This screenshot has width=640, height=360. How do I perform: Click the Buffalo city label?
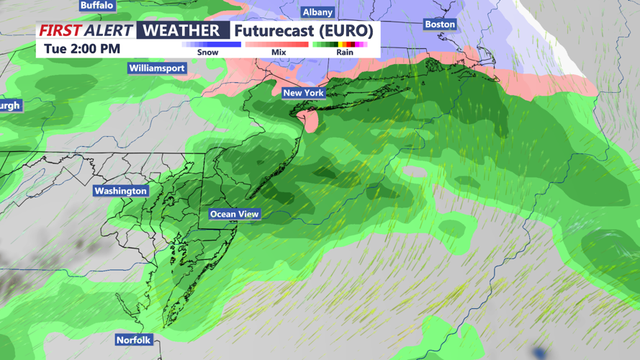[96, 5]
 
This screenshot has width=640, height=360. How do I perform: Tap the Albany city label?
[317, 12]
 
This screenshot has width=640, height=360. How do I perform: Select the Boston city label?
[440, 24]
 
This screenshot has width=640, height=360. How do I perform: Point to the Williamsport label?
[157, 68]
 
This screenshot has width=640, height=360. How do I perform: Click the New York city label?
[303, 93]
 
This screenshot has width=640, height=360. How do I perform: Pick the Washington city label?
[120, 191]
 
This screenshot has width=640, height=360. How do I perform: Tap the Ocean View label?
[234, 214]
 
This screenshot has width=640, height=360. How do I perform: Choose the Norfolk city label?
[134, 340]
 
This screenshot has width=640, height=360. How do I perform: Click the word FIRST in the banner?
[60, 30]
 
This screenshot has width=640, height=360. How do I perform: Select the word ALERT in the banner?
[108, 30]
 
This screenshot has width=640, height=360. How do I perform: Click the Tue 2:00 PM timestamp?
[82, 49]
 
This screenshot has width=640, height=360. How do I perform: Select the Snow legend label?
[208, 53]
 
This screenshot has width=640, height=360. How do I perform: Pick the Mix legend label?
[279, 53]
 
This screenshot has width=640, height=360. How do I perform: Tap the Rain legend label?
[345, 53]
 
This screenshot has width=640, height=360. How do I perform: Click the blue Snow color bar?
[212, 45]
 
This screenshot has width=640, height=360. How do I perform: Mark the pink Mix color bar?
[276, 45]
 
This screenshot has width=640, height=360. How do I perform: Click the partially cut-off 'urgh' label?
[10, 106]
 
